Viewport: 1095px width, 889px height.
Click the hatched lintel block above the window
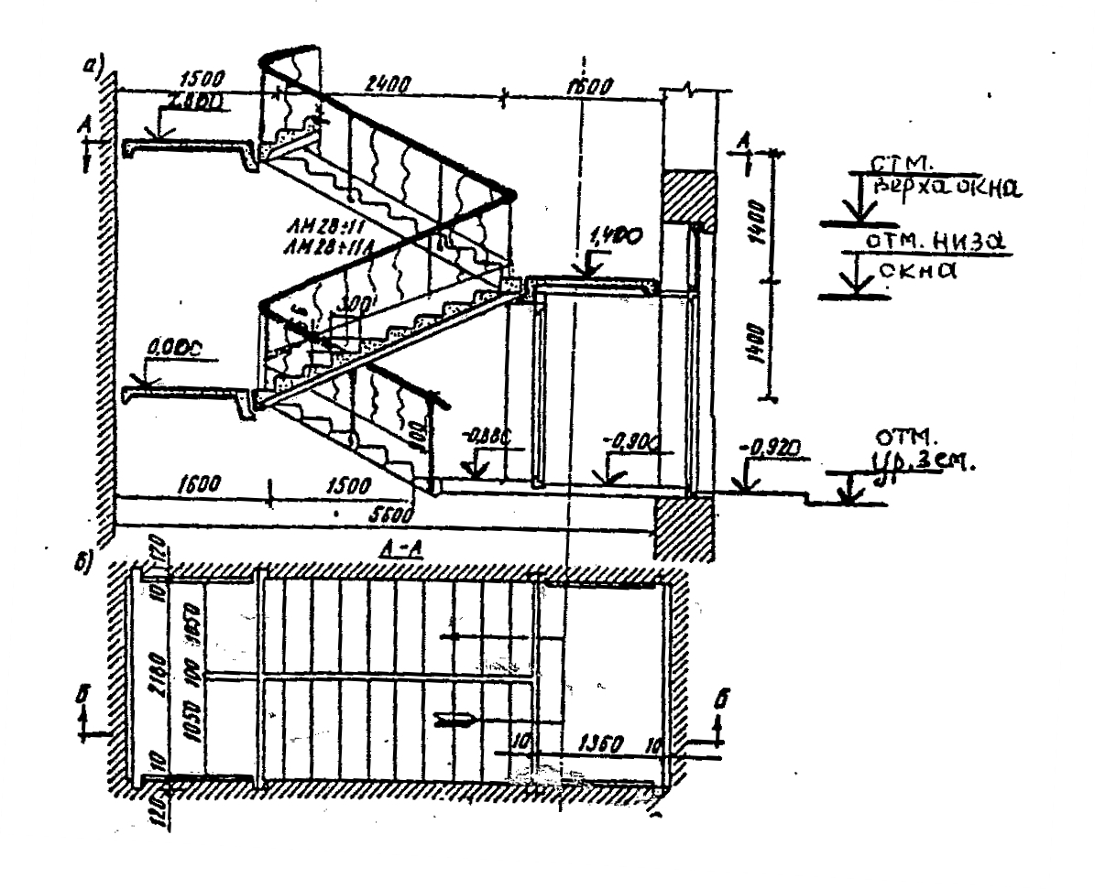click(686, 194)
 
